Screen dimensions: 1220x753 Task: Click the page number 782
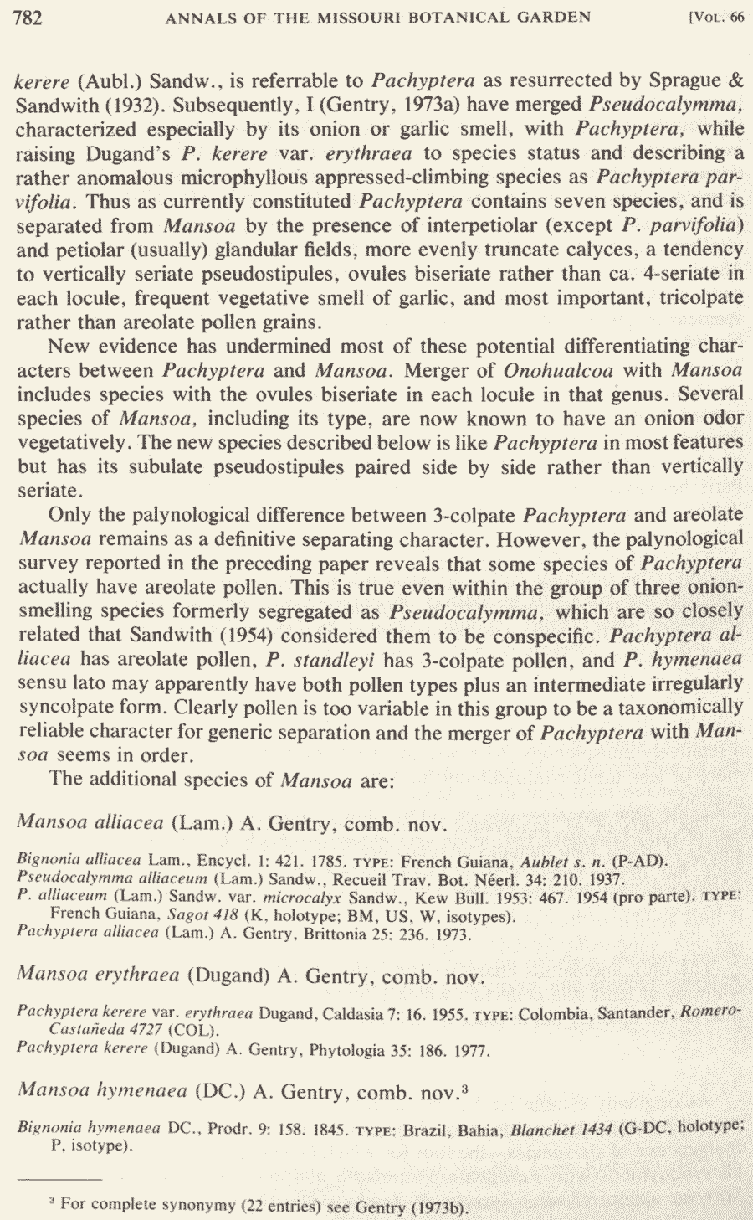point(28,18)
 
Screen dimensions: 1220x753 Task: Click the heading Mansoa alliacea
point(90,823)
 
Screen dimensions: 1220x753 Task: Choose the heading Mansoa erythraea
point(98,975)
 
